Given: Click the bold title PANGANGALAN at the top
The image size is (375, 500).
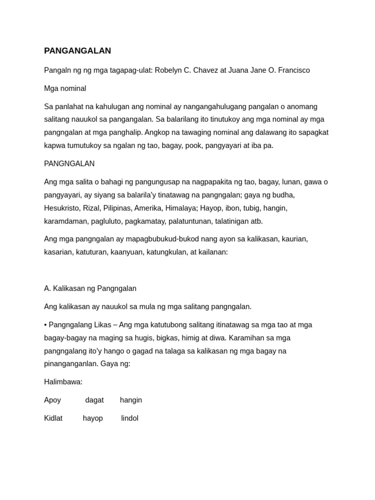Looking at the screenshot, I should tap(78, 51).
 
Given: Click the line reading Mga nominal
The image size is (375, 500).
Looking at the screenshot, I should tap(65, 88).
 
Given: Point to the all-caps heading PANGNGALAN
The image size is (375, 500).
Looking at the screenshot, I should tap(69, 164).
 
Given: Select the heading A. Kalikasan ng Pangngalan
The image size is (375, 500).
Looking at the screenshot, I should tap(90, 289).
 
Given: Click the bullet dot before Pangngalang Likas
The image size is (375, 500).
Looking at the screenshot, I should tap(45, 325).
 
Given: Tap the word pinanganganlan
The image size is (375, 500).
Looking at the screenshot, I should tap(70, 364).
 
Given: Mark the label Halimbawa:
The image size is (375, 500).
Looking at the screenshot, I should tap(63, 382).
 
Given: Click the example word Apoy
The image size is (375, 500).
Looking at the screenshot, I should tap(53, 400).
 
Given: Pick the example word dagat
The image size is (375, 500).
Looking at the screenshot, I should tap(94, 400).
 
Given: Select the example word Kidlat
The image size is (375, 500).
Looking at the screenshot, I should tap(53, 418).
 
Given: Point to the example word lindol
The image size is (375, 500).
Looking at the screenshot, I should tap(130, 418).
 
